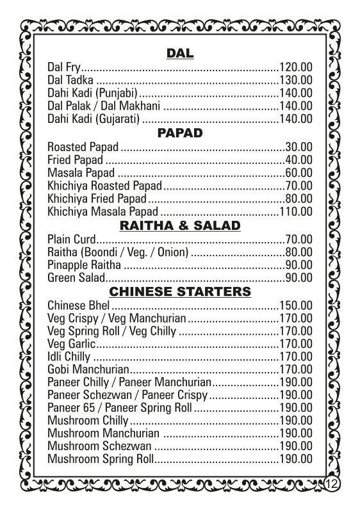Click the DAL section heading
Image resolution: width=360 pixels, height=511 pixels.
pos(180,53)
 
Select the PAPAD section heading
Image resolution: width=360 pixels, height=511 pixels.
pos(180,133)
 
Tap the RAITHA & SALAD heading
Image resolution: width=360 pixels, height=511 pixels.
pos(180,225)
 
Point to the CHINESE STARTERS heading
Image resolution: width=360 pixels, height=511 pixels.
pos(180,292)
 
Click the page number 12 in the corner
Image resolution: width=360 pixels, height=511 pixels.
pos(332,483)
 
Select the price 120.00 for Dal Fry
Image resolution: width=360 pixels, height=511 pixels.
pos(295,67)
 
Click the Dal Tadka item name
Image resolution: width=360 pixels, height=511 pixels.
pos(70,80)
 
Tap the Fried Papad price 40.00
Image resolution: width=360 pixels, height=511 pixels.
pos(299,159)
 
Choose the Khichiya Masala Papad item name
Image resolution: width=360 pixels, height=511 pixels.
pos(102,211)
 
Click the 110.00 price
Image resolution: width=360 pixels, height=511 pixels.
pos(295,211)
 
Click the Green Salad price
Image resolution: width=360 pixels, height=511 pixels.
pos(299,278)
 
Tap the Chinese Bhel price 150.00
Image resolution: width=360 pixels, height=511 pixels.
pos(295,305)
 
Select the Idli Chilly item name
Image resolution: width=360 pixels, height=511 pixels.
pos(69,357)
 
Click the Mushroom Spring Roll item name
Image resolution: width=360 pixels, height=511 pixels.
pos(101,459)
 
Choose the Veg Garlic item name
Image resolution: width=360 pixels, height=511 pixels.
pos(68,344)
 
